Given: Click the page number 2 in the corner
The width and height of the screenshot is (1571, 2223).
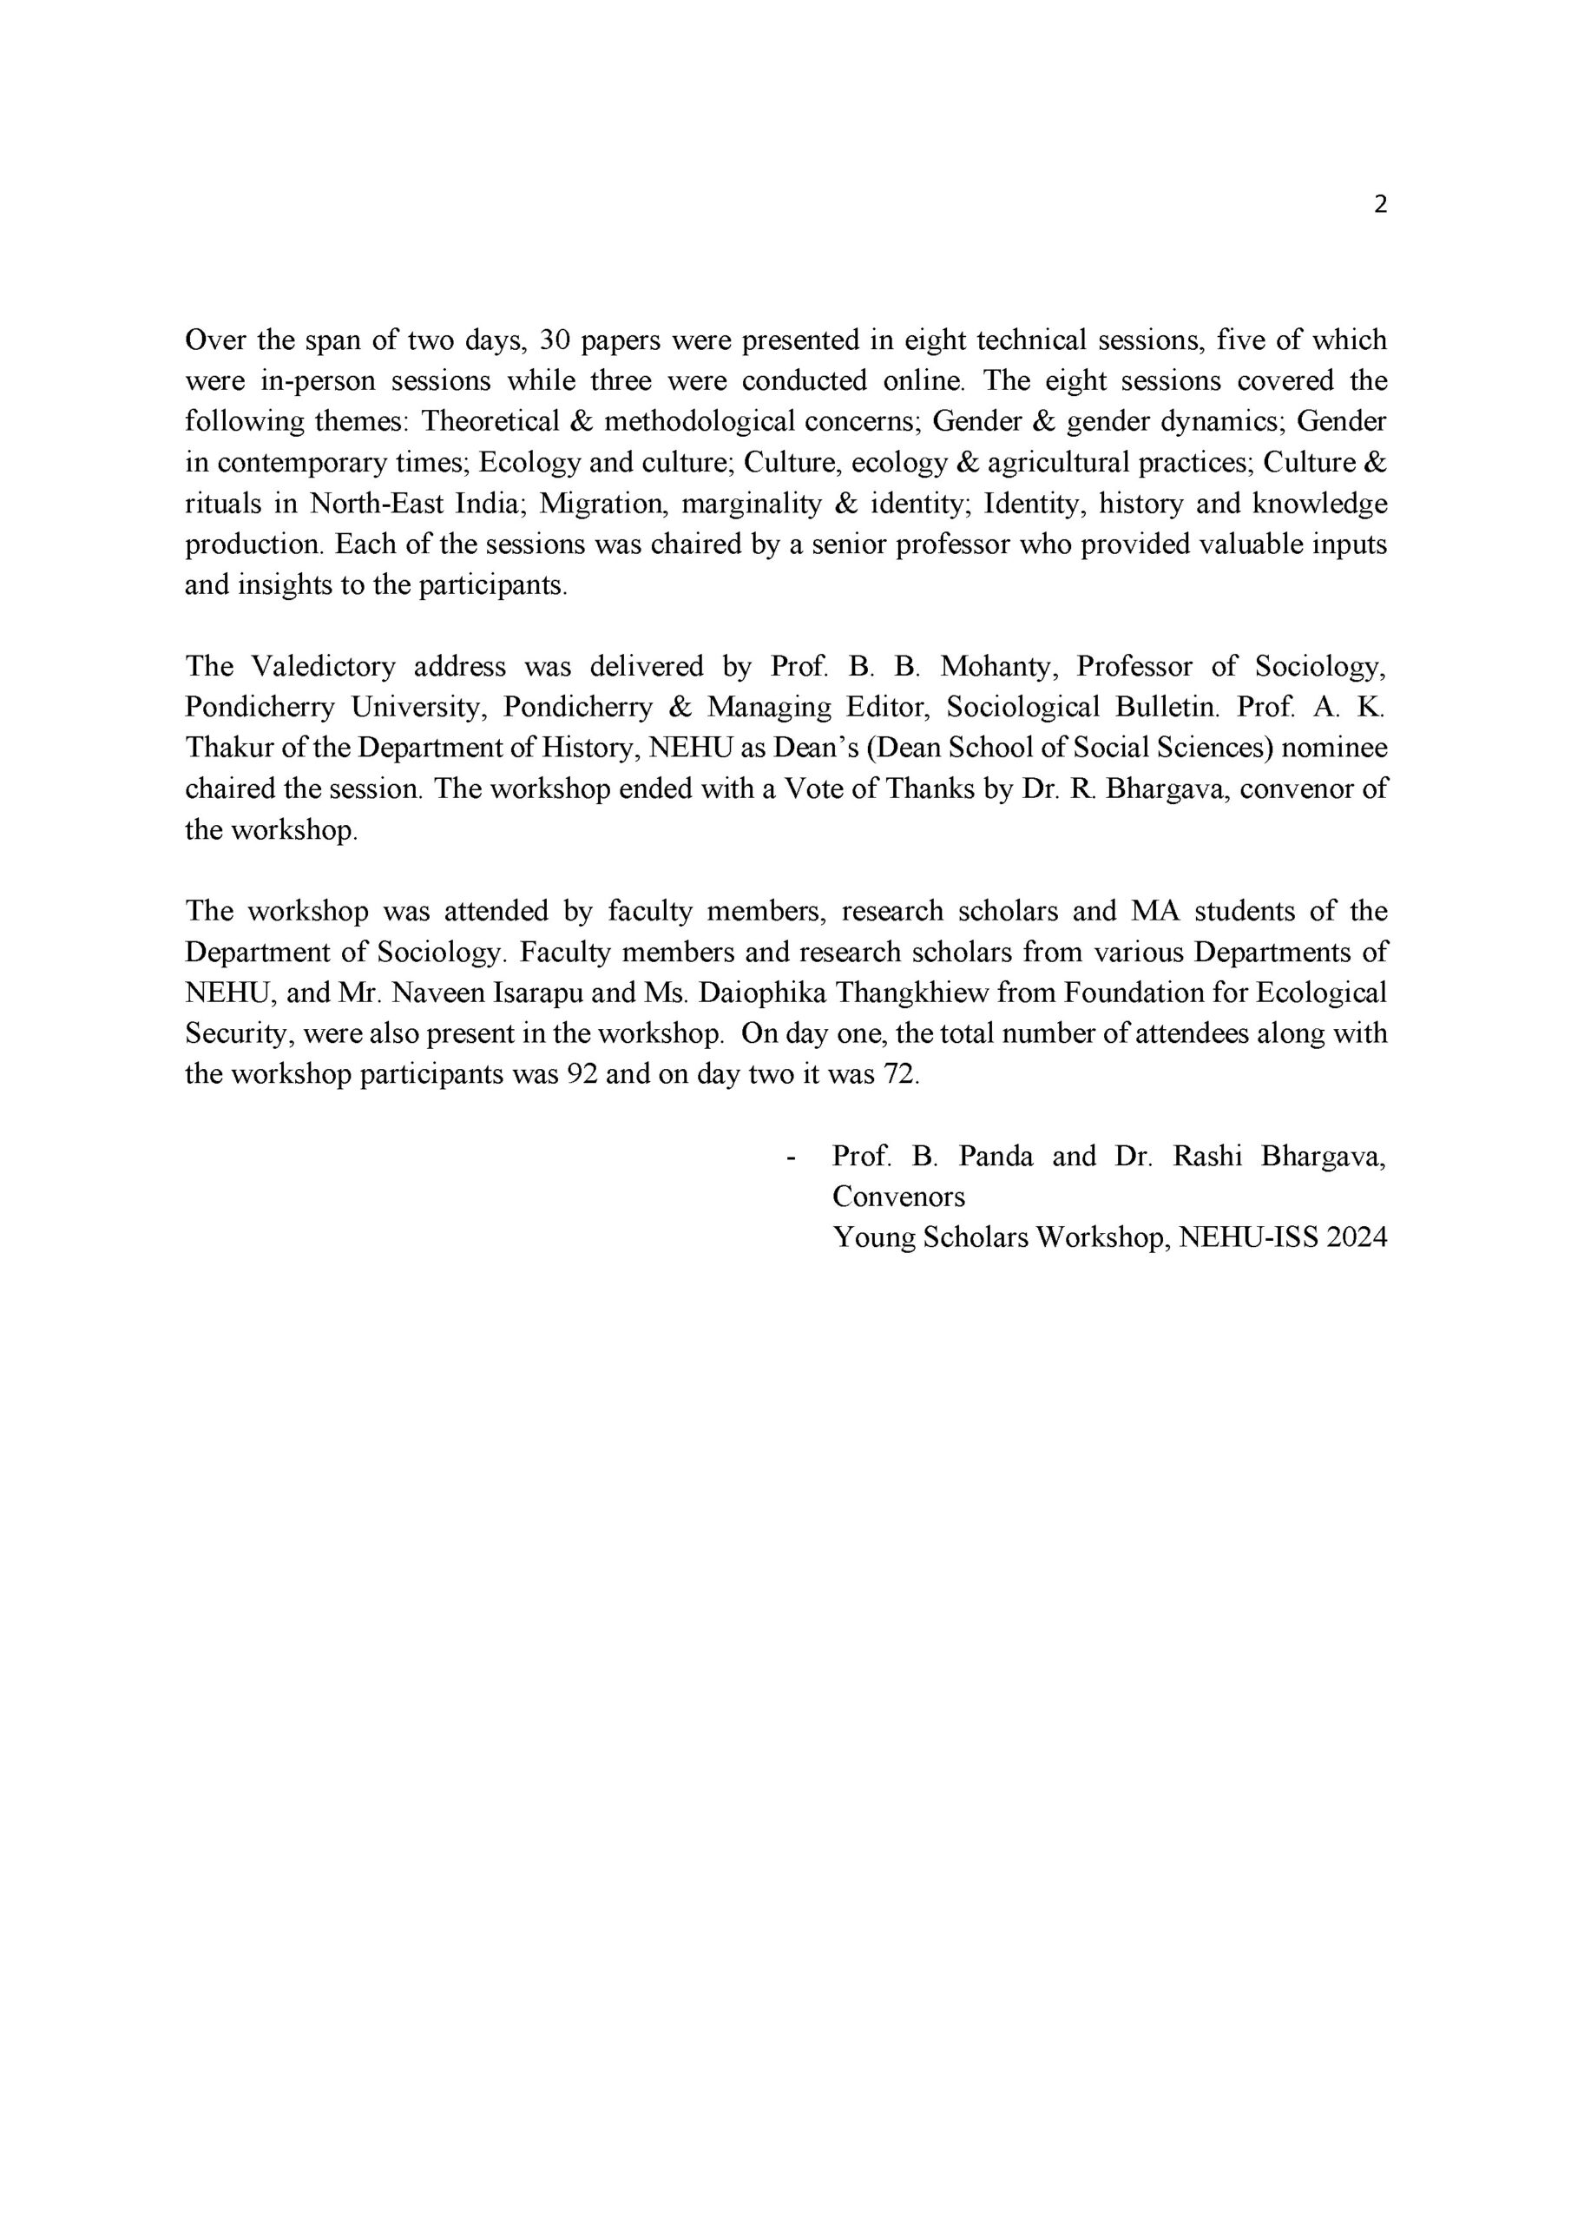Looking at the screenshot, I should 1380,204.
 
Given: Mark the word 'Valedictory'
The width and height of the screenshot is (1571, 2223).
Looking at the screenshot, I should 323,666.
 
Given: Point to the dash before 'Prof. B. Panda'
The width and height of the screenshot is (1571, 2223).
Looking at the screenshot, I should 793,1157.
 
